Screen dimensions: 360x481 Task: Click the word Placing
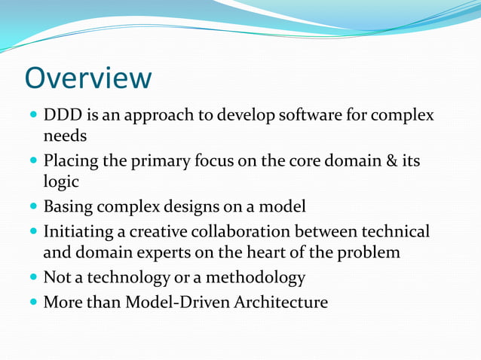(x=70, y=161)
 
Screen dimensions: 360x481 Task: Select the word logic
(x=60, y=182)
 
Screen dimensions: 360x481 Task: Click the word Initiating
(x=79, y=231)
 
